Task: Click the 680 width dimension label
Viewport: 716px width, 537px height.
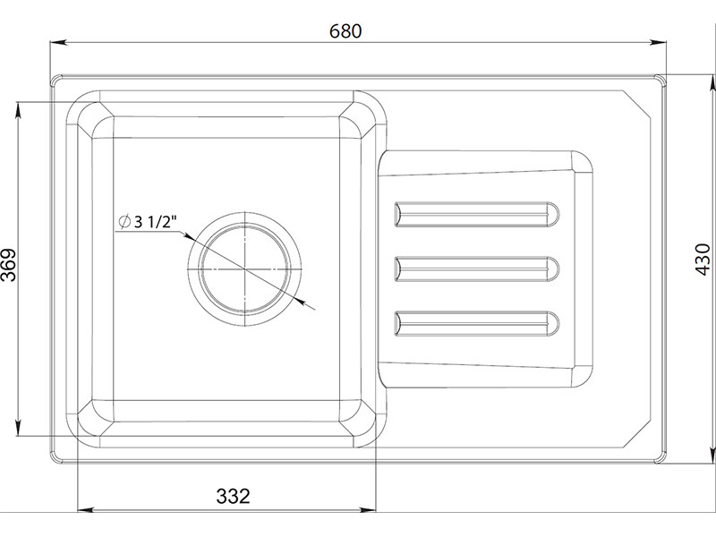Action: (345, 31)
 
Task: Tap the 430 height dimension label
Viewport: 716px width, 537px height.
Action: (703, 260)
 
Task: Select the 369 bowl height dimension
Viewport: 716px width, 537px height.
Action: (9, 265)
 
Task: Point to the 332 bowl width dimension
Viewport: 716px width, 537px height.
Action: (233, 496)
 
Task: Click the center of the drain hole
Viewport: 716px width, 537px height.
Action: (245, 269)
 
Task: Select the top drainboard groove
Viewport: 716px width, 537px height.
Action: (477, 214)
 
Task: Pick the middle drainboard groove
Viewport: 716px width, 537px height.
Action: (477, 269)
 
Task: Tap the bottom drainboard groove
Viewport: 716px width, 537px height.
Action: (477, 324)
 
